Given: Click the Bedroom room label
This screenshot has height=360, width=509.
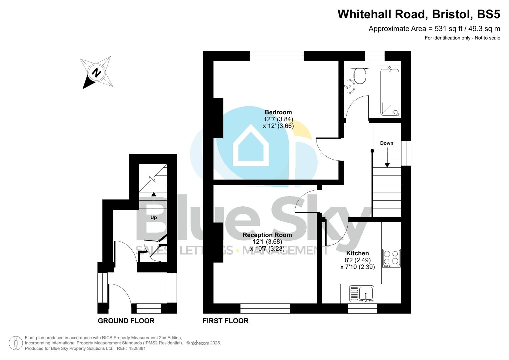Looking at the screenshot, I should pos(278,112).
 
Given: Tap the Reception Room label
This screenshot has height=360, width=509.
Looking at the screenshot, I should pos(267,235).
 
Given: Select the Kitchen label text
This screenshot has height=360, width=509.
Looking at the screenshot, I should pos(357,253).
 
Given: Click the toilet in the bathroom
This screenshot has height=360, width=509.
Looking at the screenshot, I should pos(360,75).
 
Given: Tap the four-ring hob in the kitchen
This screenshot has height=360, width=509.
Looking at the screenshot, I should pos(391,258).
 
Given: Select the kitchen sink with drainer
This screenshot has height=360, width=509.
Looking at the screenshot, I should pos(362,294).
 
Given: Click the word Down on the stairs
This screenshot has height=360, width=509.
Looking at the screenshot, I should pos(387,143).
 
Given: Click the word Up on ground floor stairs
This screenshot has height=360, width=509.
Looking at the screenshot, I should pos(154,217).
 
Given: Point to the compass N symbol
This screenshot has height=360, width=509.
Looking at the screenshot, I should pos(96,72).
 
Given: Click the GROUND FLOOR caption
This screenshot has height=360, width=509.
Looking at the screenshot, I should pos(126,321).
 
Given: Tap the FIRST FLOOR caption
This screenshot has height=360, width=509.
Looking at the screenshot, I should pos(226,321).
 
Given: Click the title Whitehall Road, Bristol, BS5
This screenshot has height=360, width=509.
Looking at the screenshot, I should pos(419,14).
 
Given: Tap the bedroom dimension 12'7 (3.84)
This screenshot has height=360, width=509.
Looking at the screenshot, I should pos(278,119).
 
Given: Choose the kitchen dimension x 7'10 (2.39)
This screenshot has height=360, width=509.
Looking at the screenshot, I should pos(357,267).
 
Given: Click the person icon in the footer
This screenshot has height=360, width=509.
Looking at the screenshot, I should pos(16,343).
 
